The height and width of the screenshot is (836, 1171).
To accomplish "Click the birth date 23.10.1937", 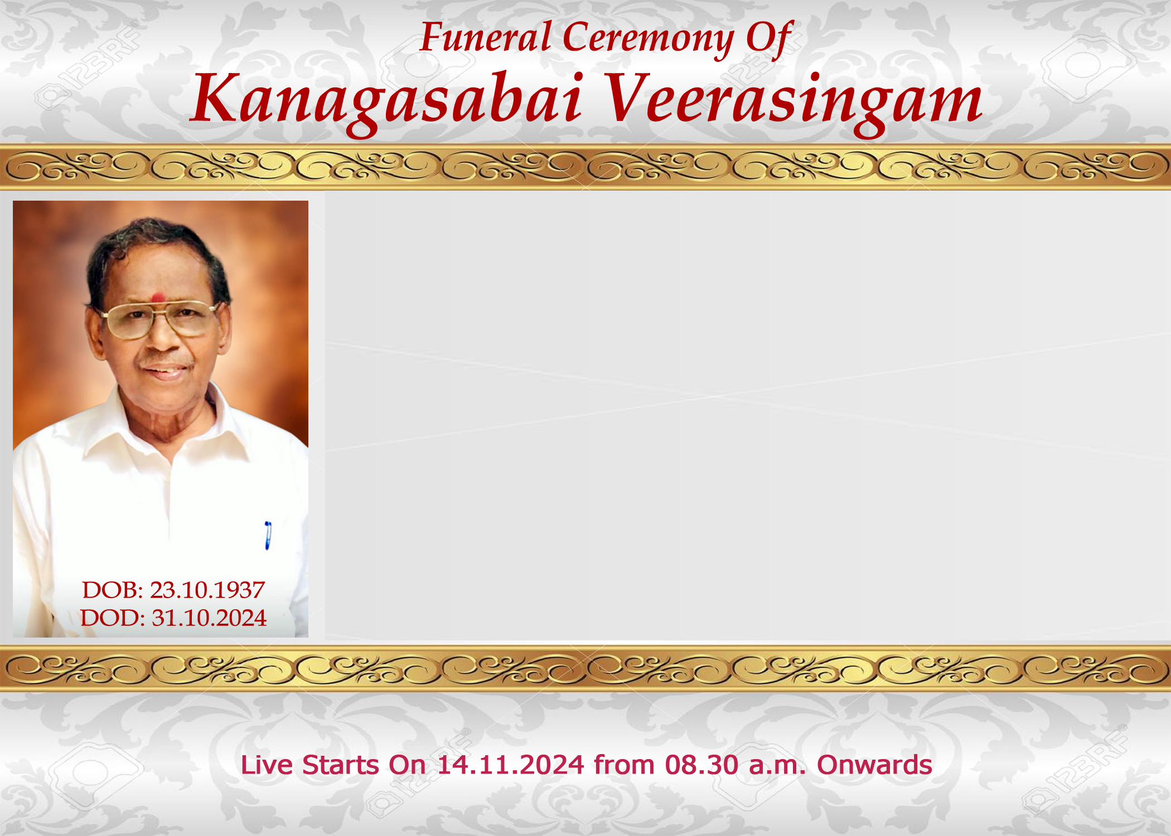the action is pyautogui.click(x=207, y=590).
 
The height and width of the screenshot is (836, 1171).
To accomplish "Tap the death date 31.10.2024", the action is pyautogui.click(x=209, y=618).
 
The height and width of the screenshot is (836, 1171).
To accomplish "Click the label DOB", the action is pyautogui.click(x=113, y=590).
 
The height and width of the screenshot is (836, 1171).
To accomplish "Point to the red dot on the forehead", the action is pyautogui.click(x=158, y=297).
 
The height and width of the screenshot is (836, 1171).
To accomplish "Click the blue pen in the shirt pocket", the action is pyautogui.click(x=268, y=536).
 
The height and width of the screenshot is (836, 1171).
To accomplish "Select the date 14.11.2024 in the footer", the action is pyautogui.click(x=510, y=765).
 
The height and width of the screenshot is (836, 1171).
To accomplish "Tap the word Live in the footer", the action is pyautogui.click(x=267, y=765).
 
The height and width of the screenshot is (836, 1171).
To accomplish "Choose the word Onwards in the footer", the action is pyautogui.click(x=874, y=765).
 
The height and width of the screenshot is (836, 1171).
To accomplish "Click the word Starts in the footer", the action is pyautogui.click(x=340, y=765).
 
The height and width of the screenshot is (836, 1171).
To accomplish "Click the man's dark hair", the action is pyautogui.click(x=156, y=240).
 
